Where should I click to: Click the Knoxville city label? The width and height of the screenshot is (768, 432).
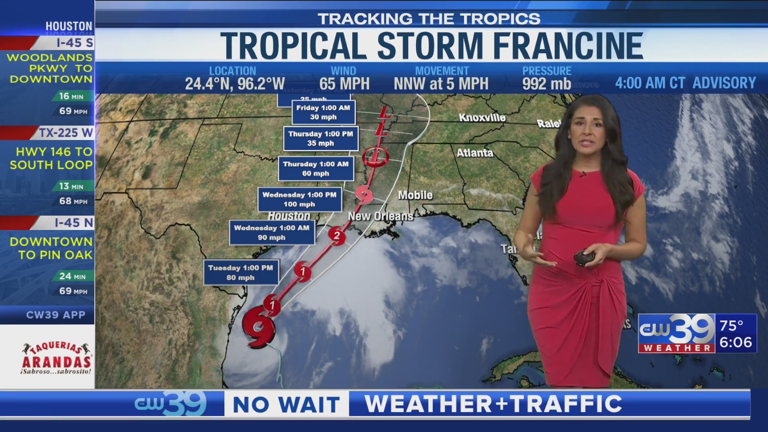[x=482, y=118]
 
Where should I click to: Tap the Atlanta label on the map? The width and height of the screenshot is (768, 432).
[x=475, y=153]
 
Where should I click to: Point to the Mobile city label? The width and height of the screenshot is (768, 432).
[x=415, y=195]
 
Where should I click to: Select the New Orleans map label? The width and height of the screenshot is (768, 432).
[x=380, y=216]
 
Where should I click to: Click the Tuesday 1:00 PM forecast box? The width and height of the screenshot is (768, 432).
[x=241, y=272]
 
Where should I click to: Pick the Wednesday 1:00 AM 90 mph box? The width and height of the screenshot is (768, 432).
[x=272, y=232]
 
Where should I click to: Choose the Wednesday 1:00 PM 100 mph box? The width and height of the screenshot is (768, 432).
[x=300, y=199]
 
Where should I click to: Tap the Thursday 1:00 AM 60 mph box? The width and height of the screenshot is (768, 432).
[x=316, y=168]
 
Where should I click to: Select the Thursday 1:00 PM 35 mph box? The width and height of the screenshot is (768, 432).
[x=320, y=138]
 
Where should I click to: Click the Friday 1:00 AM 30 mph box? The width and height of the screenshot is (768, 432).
[x=323, y=112]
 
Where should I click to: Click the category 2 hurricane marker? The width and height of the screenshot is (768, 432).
[x=337, y=236]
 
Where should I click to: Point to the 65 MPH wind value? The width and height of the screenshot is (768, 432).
[x=344, y=84]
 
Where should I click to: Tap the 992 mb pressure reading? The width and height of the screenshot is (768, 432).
[x=546, y=84]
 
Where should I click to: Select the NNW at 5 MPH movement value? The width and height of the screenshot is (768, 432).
[x=441, y=84]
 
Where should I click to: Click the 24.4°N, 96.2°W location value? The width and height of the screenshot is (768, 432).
[x=235, y=84]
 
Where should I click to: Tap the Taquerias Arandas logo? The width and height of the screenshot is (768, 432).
[x=56, y=358]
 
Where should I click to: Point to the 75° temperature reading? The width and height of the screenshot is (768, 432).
[x=731, y=326]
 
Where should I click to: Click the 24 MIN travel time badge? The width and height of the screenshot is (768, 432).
[x=72, y=276]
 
